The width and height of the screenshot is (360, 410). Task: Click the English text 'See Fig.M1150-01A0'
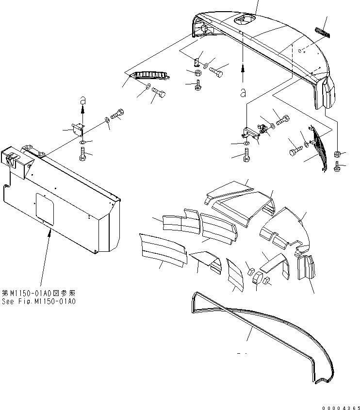tap(39, 301)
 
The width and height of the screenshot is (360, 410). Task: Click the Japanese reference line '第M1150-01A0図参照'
tap(39, 294)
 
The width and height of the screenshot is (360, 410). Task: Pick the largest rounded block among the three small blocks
tap(257, 280)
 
